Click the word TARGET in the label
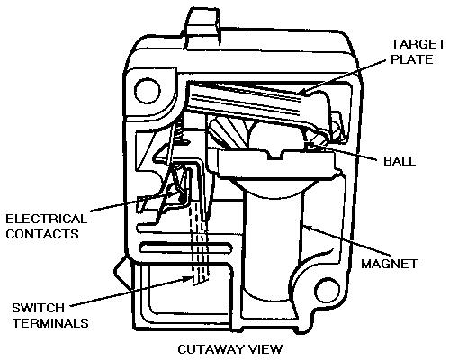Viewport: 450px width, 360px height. pyautogui.click(x=418, y=44)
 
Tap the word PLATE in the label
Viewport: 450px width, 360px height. pyautogui.click(x=412, y=59)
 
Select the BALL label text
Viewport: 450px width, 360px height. pyautogui.click(x=400, y=161)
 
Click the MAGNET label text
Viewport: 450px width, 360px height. pyautogui.click(x=390, y=264)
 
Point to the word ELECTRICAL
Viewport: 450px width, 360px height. pyautogui.click(x=47, y=219)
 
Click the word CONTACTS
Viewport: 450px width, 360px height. pyautogui.click(x=42, y=234)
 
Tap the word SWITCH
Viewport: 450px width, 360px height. pyautogui.click(x=39, y=308)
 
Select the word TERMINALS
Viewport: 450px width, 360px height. pyautogui.click(x=50, y=323)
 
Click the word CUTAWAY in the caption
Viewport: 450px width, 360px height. pyautogui.click(x=211, y=349)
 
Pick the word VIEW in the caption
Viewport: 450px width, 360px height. pyautogui.click(x=266, y=349)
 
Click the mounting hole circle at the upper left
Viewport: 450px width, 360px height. pyautogui.click(x=148, y=91)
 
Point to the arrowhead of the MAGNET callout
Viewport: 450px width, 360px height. pyautogui.click(x=306, y=227)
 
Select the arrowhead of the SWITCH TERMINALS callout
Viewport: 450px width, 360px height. pyautogui.click(x=188, y=279)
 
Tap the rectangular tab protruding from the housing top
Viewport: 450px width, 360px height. pyautogui.click(x=202, y=29)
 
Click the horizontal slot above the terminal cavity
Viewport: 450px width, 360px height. pyautogui.click(x=186, y=247)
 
